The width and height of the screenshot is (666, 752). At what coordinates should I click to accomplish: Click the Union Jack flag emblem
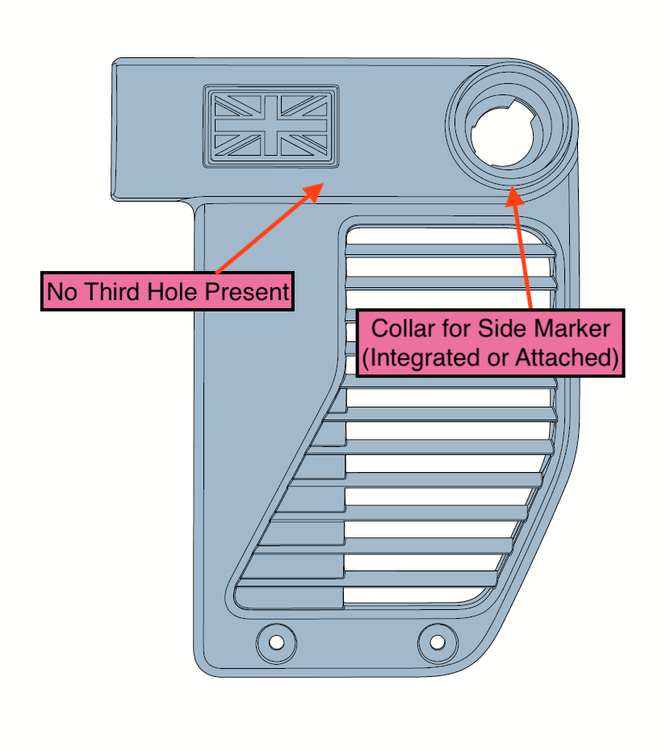point(270,125)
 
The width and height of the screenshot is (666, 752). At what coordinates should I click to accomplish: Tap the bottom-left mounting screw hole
point(276,642)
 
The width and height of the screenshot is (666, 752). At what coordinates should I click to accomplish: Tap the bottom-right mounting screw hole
point(437,642)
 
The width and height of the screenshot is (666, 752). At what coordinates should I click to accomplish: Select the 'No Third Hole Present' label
point(167,291)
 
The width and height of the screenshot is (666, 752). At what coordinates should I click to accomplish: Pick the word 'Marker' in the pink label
point(572,329)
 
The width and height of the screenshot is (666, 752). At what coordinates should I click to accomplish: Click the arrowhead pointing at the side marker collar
point(511,194)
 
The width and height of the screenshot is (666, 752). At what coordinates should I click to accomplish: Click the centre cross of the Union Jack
point(270,125)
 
